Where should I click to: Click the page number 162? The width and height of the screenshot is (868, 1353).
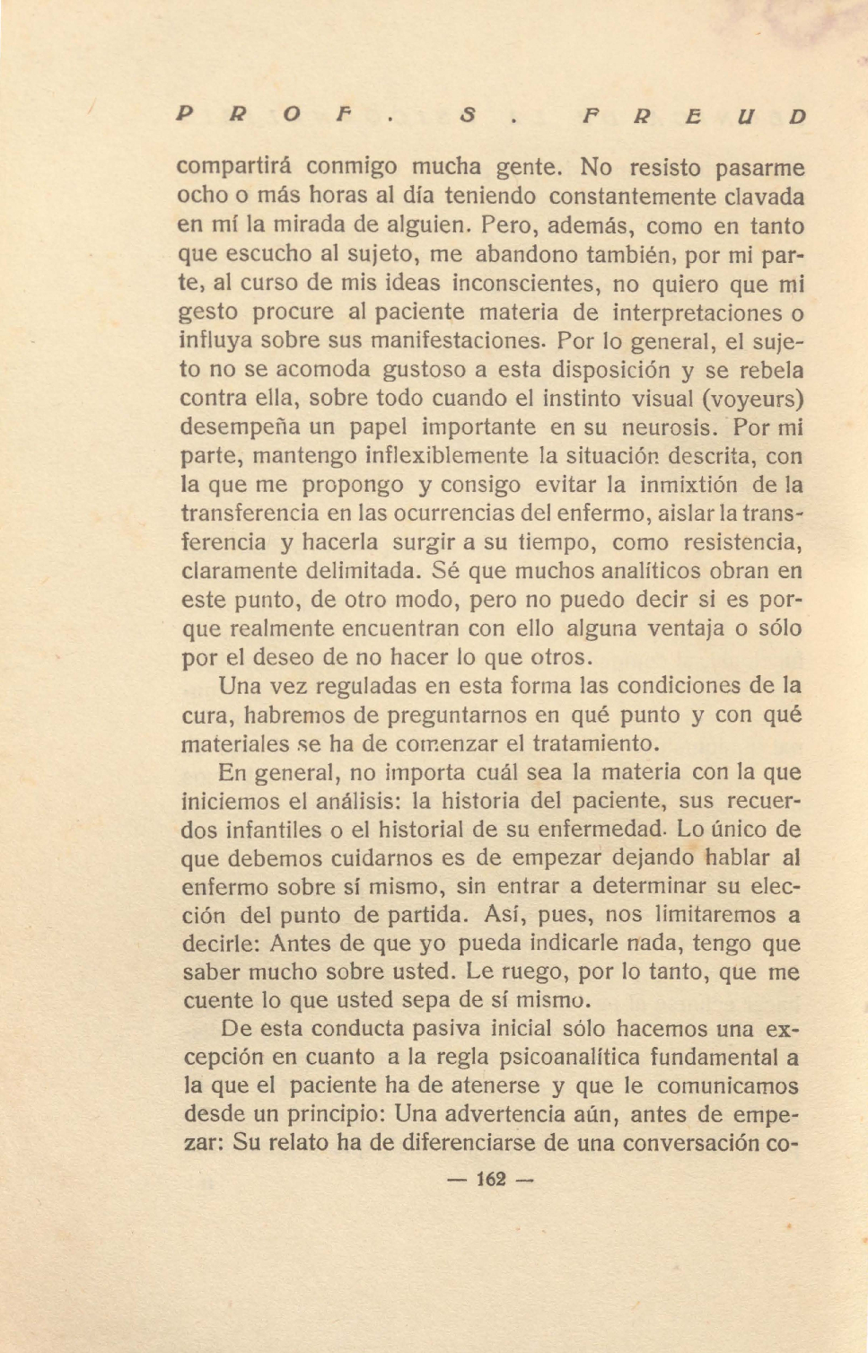[491, 1179]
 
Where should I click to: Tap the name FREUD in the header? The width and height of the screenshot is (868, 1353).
[694, 117]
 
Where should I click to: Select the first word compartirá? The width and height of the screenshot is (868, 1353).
[239, 168]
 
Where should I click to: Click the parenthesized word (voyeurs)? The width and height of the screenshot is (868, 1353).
[752, 398]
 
